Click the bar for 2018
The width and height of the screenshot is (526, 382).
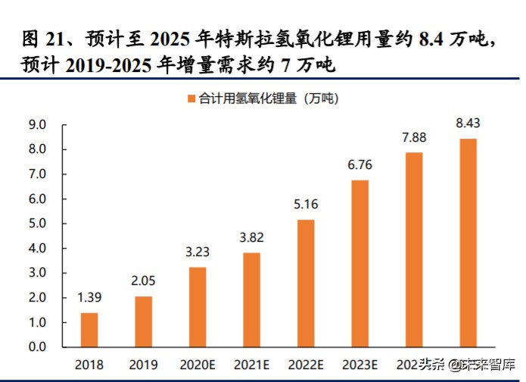click(x=89, y=330)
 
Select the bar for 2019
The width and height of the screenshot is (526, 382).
click(x=144, y=321)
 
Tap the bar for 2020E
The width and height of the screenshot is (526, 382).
click(x=198, y=307)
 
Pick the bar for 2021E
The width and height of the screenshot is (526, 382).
click(x=252, y=299)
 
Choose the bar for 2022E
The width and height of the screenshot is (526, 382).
click(x=306, y=283)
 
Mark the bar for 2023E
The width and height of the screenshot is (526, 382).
click(x=360, y=263)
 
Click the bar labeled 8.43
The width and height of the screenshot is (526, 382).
click(x=468, y=243)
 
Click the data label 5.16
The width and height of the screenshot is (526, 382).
click(x=306, y=203)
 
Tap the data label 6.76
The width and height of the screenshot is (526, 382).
click(x=360, y=164)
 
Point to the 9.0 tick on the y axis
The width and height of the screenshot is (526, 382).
click(x=36, y=125)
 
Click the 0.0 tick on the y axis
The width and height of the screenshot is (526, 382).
click(x=36, y=347)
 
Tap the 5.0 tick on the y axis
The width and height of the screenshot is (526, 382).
click(x=36, y=224)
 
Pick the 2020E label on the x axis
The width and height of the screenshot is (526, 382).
click(x=198, y=364)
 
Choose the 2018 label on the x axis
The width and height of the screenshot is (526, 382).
click(x=89, y=364)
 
